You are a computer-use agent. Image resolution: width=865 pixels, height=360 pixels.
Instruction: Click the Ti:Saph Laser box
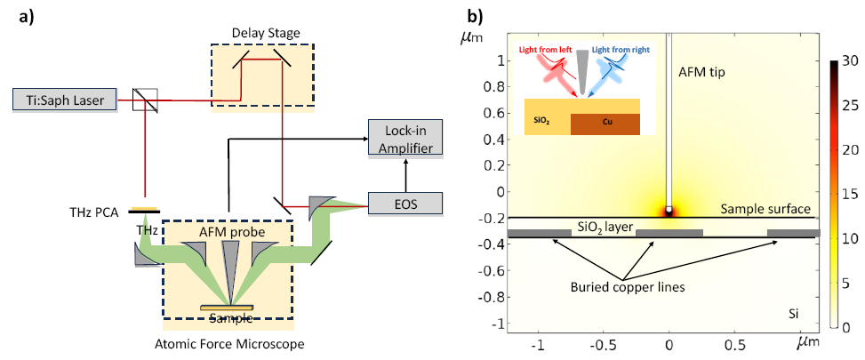65,99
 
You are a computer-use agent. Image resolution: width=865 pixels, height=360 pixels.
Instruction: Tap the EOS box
405,204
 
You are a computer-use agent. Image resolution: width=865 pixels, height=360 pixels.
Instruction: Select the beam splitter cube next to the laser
144,100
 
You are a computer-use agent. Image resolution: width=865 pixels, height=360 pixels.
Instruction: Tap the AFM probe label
228,231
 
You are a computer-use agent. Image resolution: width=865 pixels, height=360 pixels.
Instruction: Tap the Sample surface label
765,209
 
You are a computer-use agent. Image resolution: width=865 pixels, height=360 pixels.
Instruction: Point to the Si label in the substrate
794,314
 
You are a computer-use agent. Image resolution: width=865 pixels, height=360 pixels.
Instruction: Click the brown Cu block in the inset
613,124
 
